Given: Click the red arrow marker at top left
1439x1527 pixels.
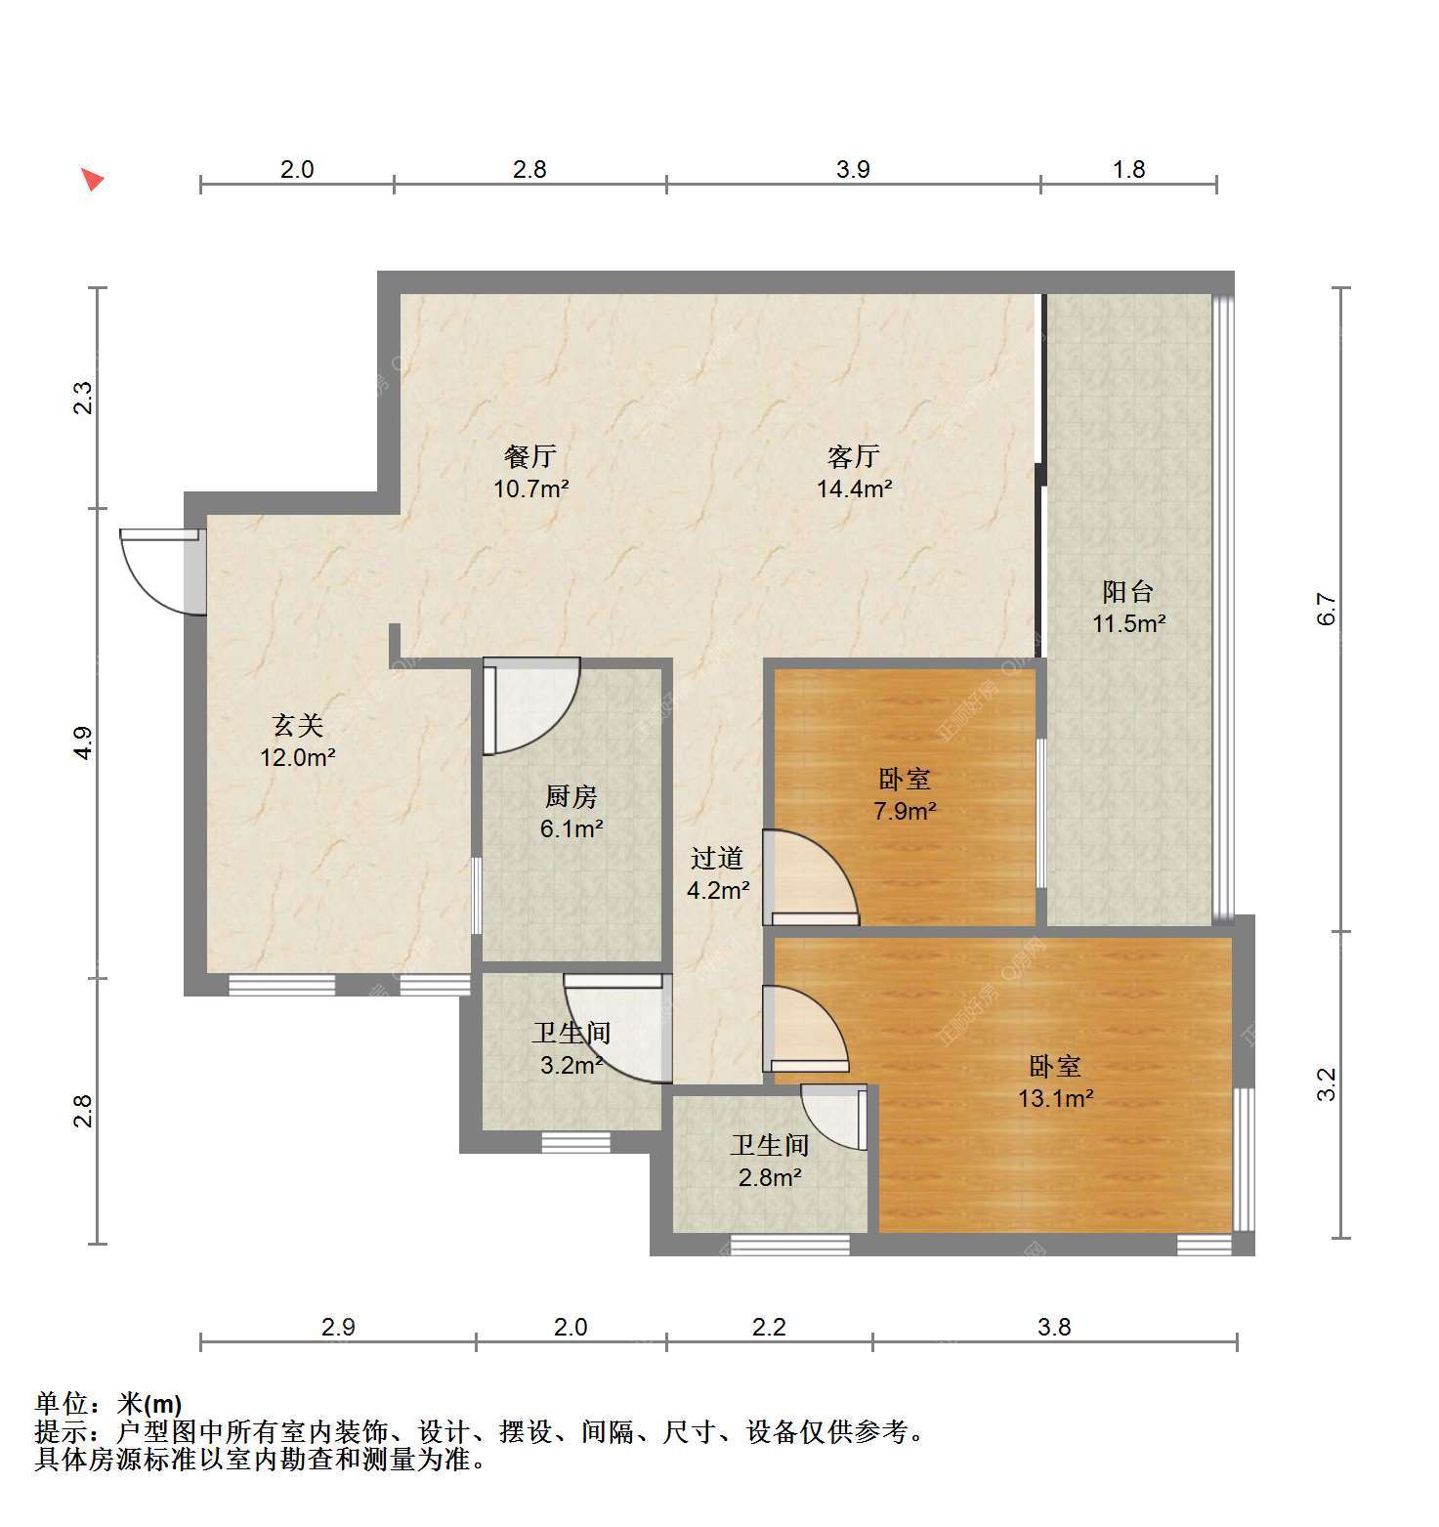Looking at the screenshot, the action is coord(92,180).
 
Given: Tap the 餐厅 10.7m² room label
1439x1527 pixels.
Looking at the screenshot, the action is coord(531,472).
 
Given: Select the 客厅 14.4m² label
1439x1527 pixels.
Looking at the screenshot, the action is coord(854,472).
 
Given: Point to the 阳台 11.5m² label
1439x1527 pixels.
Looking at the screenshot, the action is coord(1128,607).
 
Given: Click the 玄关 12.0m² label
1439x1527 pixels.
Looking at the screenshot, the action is coord(298,741).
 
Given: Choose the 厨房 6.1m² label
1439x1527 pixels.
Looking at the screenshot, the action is coord(571,813).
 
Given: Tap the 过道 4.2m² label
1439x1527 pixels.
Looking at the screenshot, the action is coord(718,873).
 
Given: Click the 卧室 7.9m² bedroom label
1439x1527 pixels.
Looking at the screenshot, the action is coord(905,794).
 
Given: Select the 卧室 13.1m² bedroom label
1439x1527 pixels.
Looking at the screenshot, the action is coord(1055,1082).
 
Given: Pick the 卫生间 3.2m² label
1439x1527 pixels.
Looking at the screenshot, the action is coord(571,1048).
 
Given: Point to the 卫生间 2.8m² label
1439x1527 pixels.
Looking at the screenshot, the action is coord(770,1161).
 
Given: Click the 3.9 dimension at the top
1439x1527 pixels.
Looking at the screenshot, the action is coord(853,169).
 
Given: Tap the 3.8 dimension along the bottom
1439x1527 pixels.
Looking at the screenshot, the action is coord(1054,1327).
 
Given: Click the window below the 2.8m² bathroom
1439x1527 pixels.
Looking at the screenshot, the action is coord(789,1245).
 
